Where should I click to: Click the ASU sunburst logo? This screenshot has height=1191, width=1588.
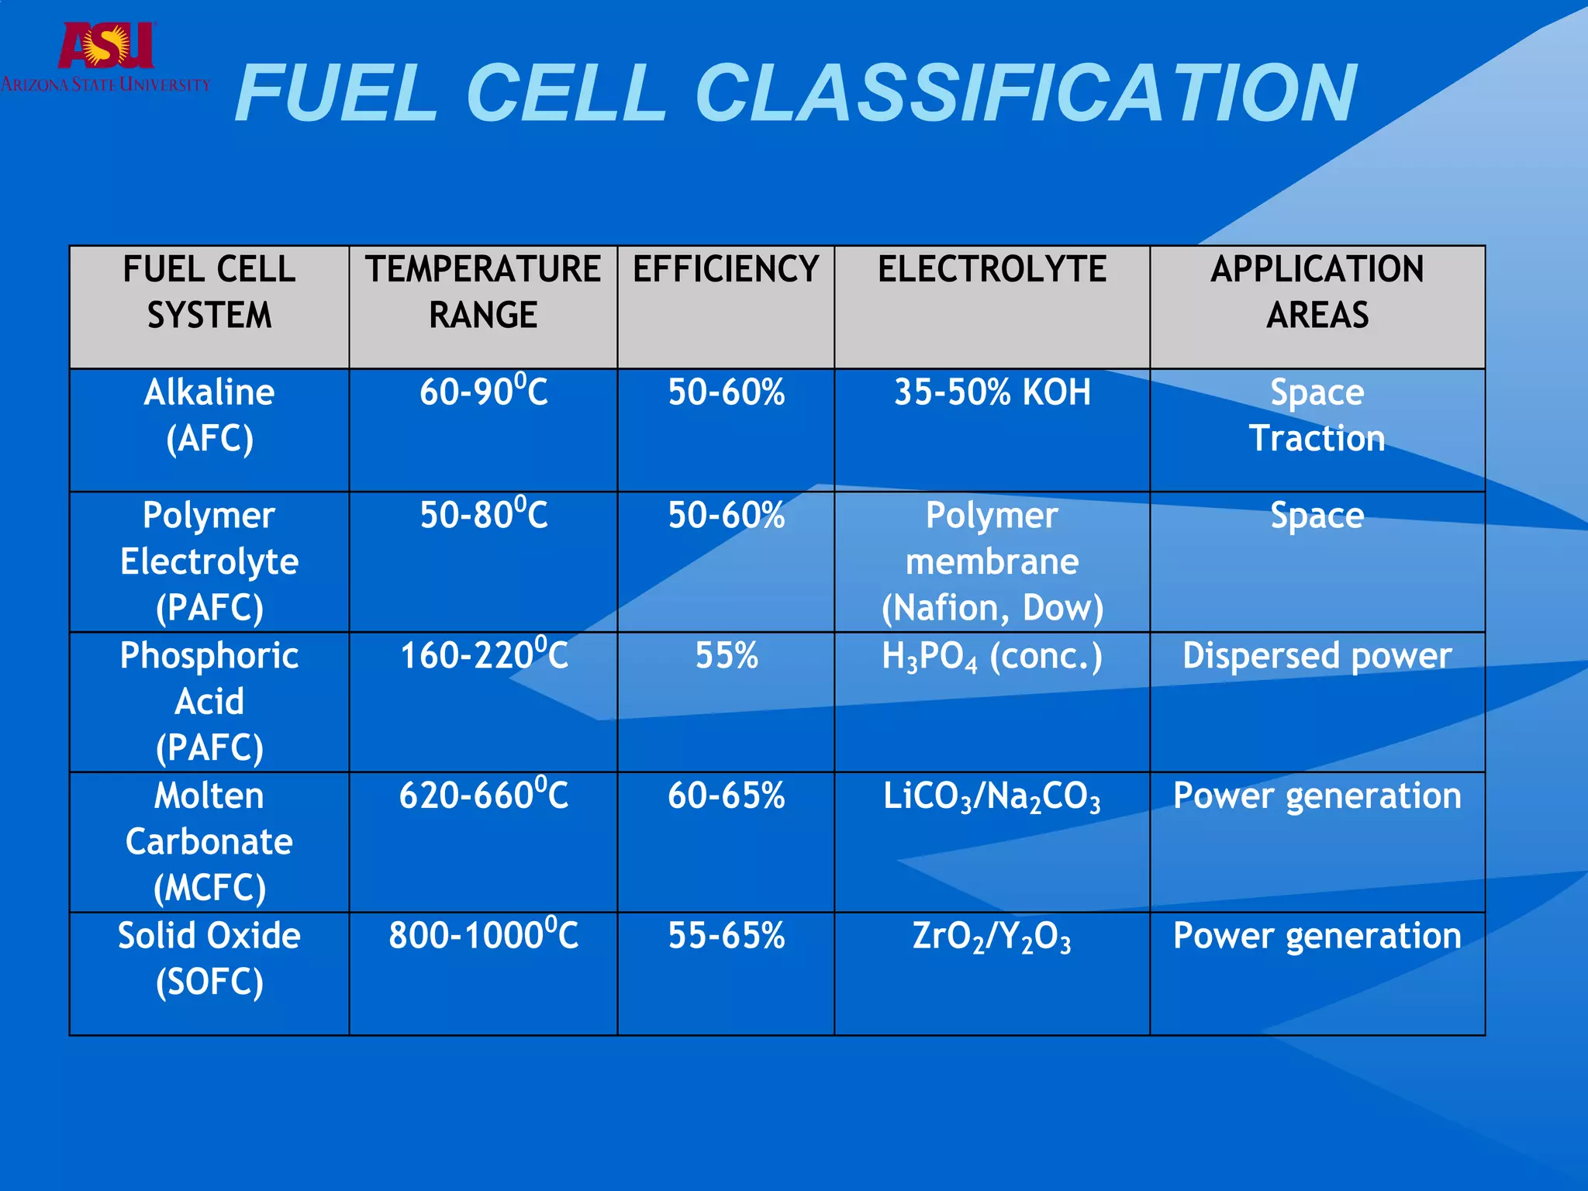click(x=106, y=45)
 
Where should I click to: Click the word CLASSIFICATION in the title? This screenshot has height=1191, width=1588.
click(x=1025, y=94)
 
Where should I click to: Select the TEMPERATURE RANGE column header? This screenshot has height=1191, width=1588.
click(x=483, y=292)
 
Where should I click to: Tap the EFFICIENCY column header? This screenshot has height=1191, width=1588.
click(x=726, y=270)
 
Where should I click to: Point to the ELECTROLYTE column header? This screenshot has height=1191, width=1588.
click(x=992, y=270)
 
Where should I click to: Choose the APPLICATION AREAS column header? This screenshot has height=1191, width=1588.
click(x=1317, y=292)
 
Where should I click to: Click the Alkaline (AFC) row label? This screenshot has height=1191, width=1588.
click(x=209, y=415)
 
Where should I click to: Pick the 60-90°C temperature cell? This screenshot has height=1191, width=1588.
click(x=483, y=392)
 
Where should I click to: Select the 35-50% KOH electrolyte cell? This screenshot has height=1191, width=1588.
click(x=992, y=392)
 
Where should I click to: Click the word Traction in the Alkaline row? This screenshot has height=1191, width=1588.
click(x=1317, y=439)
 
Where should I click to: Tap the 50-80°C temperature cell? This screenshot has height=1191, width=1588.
click(x=483, y=515)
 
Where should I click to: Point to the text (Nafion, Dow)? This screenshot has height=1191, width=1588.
click(x=992, y=608)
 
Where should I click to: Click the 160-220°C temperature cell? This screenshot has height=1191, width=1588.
click(x=483, y=655)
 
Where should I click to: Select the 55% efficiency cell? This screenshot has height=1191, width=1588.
click(x=726, y=656)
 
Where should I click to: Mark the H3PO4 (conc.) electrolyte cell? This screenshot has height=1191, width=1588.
click(x=992, y=658)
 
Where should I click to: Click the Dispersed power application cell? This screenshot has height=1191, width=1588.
click(x=1317, y=656)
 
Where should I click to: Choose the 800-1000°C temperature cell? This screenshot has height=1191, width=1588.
click(x=483, y=935)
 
